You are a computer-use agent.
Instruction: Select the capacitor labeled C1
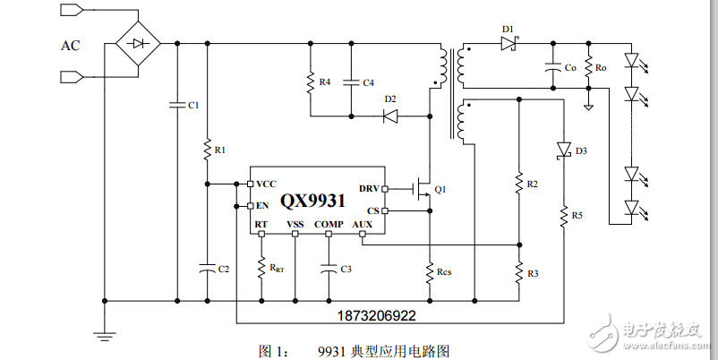(x=176, y=105)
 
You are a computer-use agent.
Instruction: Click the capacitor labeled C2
(x=207, y=267)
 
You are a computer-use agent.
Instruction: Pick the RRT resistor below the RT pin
(x=261, y=267)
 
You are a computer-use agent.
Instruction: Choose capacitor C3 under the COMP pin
(x=329, y=267)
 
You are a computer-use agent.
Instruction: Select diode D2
(x=390, y=116)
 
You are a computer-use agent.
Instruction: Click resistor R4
(x=310, y=82)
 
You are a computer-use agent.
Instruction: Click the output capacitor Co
(x=553, y=67)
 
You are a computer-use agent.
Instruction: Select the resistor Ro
(x=588, y=67)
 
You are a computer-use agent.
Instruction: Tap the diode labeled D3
(x=563, y=150)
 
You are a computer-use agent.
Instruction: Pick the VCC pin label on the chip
(x=266, y=184)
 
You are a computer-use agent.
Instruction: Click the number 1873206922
(x=376, y=316)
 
